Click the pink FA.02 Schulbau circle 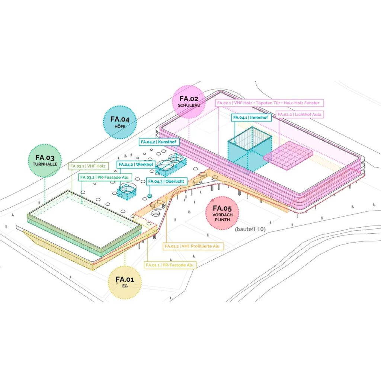pyautogui.click(x=189, y=102)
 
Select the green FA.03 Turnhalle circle pyautogui.click(x=46, y=160)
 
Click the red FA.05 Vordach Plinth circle pyautogui.click(x=222, y=213)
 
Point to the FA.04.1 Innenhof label pyautogui.click(x=252, y=118)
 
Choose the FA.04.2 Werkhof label pyautogui.click(x=135, y=164)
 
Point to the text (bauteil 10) pyautogui.click(x=250, y=229)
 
